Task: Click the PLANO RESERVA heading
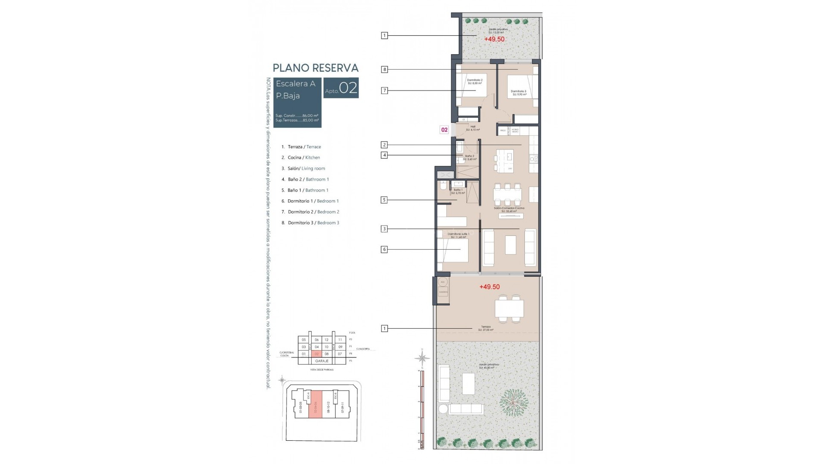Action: click(315, 68)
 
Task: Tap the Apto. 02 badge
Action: click(341, 88)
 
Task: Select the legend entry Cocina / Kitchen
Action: click(304, 158)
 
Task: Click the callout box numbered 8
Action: click(385, 69)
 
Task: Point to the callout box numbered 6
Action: click(385, 249)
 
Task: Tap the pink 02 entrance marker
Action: click(444, 130)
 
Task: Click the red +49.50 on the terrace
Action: click(489, 287)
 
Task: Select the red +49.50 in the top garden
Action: click(494, 39)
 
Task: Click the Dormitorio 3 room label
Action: click(518, 92)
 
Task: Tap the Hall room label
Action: click(473, 128)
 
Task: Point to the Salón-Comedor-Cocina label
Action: click(509, 209)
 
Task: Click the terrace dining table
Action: click(509, 308)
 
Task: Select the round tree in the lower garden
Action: click(514, 403)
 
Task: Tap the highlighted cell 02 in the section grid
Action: click(317, 354)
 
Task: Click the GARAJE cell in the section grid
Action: click(322, 361)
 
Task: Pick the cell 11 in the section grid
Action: click(340, 340)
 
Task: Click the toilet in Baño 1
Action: click(443, 186)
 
